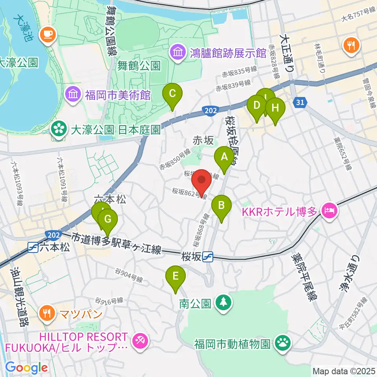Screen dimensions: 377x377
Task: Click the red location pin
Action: pyautogui.click(x=201, y=181)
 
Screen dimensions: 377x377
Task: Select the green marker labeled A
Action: pyautogui.click(x=225, y=157)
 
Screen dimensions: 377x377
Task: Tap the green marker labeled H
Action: pyautogui.click(x=275, y=108)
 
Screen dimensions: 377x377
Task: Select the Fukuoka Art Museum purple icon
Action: pyautogui.click(x=73, y=94)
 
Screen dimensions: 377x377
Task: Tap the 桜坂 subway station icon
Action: pyautogui.click(x=208, y=257)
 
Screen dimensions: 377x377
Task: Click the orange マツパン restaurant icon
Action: pyautogui.click(x=47, y=313)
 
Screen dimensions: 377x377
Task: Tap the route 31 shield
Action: pyautogui.click(x=300, y=102)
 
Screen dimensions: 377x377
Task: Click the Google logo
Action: pyautogui.click(x=26, y=368)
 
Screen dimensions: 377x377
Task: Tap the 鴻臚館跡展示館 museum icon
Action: pyautogui.click(x=178, y=53)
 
